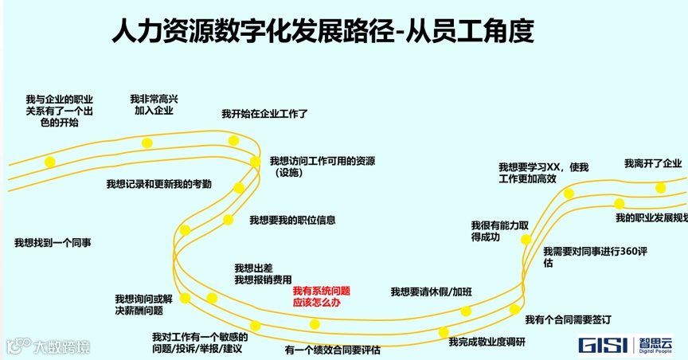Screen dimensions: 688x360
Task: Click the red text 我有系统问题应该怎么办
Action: tap(321, 297)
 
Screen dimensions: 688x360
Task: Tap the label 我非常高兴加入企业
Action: tap(154, 104)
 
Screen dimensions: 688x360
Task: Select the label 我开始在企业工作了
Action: tap(264, 115)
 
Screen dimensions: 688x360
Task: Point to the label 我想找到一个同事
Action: tap(52, 242)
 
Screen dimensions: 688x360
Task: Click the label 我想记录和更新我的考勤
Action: tap(158, 184)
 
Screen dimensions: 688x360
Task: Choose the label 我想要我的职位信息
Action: tap(292, 220)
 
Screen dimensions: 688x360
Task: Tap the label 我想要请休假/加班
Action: tap(431, 292)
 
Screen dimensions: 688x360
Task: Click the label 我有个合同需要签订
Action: tap(568, 319)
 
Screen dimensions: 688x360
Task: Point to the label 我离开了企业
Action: tap(653, 164)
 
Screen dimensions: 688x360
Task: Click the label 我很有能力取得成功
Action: tap(500, 231)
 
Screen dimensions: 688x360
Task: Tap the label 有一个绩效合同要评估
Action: tap(332, 350)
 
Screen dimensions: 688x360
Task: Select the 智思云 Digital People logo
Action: tap(655, 344)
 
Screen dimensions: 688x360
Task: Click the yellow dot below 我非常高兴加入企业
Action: tap(147, 143)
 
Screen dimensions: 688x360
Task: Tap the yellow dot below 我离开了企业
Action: tap(660, 188)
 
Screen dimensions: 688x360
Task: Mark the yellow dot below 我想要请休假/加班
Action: tap(466, 311)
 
